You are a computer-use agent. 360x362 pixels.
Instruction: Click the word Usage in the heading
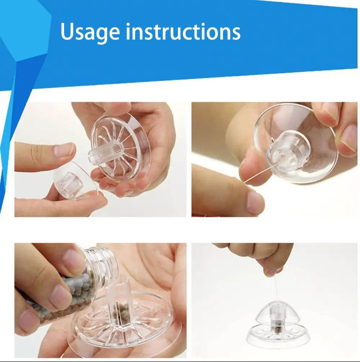[90, 32]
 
